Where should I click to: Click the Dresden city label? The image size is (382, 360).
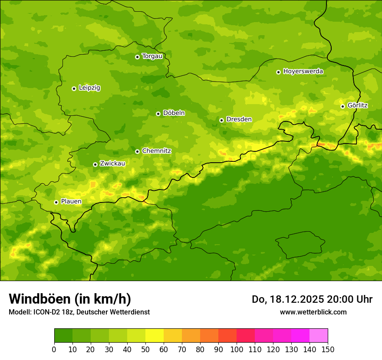coord(239,119)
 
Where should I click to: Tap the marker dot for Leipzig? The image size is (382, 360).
coord(74,88)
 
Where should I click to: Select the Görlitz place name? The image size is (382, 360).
coord(357,105)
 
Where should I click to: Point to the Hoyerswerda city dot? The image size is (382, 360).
coord(278,72)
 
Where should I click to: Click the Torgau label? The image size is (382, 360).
coord(152,56)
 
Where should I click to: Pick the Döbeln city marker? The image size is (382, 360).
coord(158,114)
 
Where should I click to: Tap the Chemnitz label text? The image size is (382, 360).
coord(156,151)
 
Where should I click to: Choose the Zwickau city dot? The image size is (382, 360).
coord(95,164)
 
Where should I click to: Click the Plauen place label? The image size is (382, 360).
coord(71,202)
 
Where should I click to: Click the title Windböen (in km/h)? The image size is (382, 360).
coord(69,299)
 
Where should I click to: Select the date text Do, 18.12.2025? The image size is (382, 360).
coord(287,299)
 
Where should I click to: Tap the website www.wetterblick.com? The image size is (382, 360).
coord(313,312)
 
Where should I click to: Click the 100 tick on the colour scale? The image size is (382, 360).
coord(237,349)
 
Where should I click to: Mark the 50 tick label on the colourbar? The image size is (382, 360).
coord(145,349)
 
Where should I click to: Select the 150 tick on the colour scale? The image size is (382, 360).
coord(328,349)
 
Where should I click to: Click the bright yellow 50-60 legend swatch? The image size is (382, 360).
coord(155,335)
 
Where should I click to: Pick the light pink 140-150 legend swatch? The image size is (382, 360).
coord(319,335)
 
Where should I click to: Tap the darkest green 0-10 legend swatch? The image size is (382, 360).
coord(63,335)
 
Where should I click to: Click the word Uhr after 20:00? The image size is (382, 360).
coord(364,299)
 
